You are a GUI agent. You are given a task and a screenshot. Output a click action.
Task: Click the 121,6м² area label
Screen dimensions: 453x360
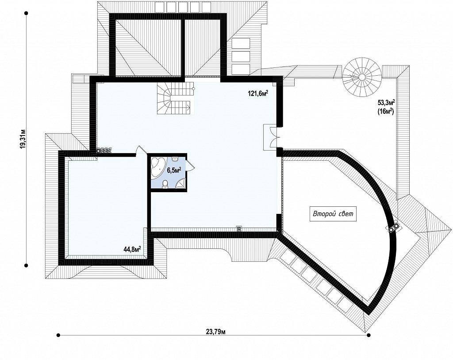tap(258, 93)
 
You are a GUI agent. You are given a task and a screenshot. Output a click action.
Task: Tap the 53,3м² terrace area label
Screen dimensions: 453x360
tap(386, 102)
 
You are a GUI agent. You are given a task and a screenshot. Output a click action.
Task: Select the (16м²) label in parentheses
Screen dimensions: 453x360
tap(386, 111)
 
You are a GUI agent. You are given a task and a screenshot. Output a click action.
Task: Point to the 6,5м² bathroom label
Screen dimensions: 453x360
tap(174, 170)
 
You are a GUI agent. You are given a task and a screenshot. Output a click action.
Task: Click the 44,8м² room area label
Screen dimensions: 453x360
tap(132, 249)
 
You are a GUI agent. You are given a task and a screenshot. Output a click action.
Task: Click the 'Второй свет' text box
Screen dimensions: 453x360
tap(333, 214)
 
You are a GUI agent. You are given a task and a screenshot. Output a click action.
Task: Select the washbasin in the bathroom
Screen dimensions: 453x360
tap(174, 159)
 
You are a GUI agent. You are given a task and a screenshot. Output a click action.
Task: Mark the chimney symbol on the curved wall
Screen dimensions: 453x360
tap(393, 228)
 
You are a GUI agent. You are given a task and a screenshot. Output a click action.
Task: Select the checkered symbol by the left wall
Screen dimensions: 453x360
tap(104, 151)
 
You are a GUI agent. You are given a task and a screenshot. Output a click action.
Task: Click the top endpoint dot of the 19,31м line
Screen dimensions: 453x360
tap(26, 13)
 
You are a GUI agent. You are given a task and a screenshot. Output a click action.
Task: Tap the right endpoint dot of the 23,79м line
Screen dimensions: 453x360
tap(369, 335)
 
